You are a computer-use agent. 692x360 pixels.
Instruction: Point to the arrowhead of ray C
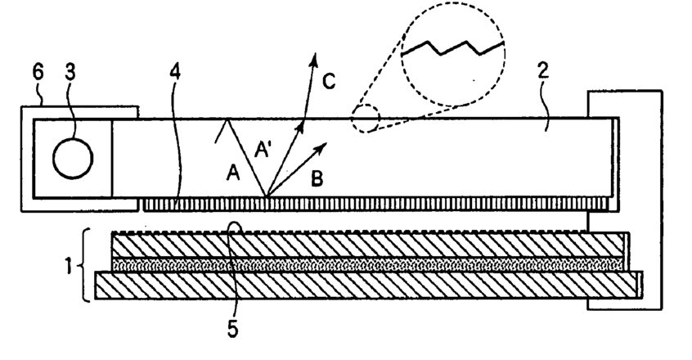tap(314, 58)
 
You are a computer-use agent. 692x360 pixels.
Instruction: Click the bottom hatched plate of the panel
tap(368, 284)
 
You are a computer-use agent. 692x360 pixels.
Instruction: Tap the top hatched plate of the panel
tap(368, 245)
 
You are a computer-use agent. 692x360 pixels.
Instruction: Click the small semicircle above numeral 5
tap(236, 227)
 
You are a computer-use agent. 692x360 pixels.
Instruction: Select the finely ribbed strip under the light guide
tap(368, 202)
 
